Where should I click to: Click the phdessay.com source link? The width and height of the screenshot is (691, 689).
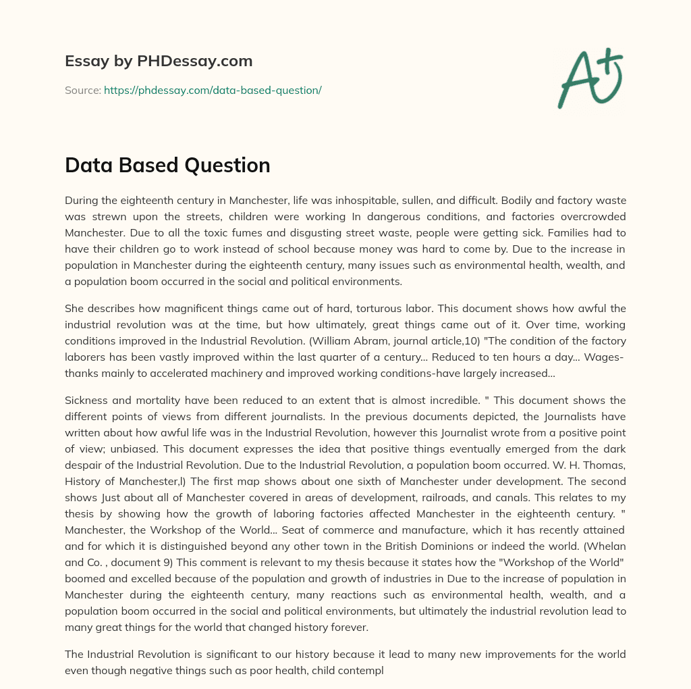click(x=213, y=90)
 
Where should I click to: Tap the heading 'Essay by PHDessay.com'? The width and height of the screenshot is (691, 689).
click(x=159, y=61)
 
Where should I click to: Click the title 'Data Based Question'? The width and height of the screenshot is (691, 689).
click(x=167, y=165)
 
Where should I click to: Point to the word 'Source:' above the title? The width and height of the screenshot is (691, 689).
click(x=82, y=90)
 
